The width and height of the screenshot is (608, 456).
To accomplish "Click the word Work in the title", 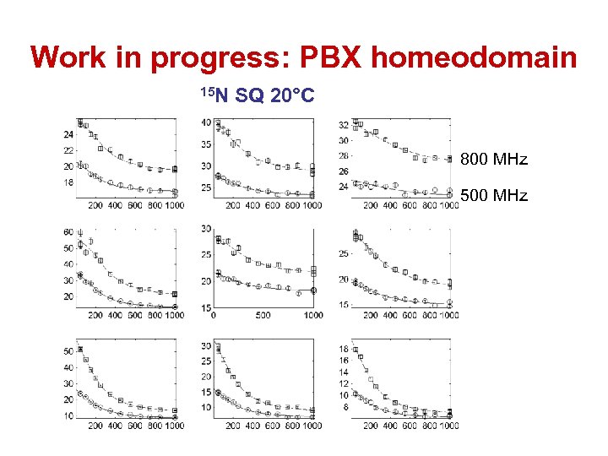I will [x=67, y=57].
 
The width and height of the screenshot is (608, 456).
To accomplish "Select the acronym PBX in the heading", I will [x=323, y=57].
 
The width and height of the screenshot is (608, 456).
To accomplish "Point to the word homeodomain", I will [x=475, y=57].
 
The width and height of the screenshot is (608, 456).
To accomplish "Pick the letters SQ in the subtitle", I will [x=249, y=97].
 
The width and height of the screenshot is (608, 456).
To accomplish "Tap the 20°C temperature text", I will [x=291, y=97].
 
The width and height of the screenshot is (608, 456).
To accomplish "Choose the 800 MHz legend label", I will [x=493, y=160].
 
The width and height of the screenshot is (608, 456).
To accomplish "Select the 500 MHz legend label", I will [x=493, y=196].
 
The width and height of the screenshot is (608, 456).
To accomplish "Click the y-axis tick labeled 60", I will [x=68, y=232].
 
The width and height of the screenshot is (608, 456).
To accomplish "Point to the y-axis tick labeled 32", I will [x=343, y=125].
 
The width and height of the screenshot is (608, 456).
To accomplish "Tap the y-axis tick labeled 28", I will [x=343, y=156].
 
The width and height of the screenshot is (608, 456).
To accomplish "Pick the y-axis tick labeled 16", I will [x=343, y=361].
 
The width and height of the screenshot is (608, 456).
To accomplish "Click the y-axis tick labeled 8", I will [x=345, y=407].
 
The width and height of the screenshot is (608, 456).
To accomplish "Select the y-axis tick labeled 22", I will [x=68, y=150].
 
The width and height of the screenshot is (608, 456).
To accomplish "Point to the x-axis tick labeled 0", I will [x=214, y=316].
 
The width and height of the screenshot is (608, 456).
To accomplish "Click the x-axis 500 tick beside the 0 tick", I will [x=263, y=316].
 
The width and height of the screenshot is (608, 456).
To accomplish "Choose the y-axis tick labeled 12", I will [x=343, y=384].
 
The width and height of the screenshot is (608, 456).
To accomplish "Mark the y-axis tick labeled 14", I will [x=343, y=372].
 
